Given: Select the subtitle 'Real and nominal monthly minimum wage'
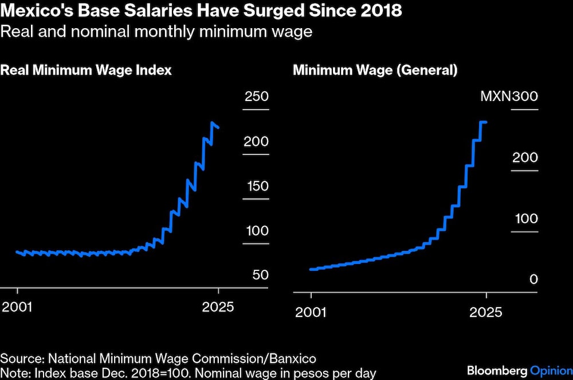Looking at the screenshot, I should pyautogui.click(x=156, y=31).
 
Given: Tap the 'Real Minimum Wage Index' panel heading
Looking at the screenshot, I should pyautogui.click(x=86, y=71).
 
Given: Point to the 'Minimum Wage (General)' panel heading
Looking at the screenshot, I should pyautogui.click(x=375, y=71).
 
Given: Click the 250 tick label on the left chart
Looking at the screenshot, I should pyautogui.click(x=256, y=96).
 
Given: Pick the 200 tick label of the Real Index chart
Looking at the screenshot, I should pyautogui.click(x=256, y=141).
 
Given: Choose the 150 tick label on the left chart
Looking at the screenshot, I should pyautogui.click(x=256, y=186).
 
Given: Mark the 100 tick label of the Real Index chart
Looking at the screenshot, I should pyautogui.click(x=256, y=231).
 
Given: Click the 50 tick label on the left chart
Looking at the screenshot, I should pyautogui.click(x=260, y=275).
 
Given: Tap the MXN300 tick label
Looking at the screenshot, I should pyautogui.click(x=509, y=96).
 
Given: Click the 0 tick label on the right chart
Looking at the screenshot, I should pyautogui.click(x=533, y=280).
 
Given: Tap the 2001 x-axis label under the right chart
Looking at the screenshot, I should pyautogui.click(x=311, y=313).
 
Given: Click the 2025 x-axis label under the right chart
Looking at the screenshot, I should pyautogui.click(x=486, y=313).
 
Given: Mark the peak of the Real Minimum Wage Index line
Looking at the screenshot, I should pyautogui.click(x=213, y=123).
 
